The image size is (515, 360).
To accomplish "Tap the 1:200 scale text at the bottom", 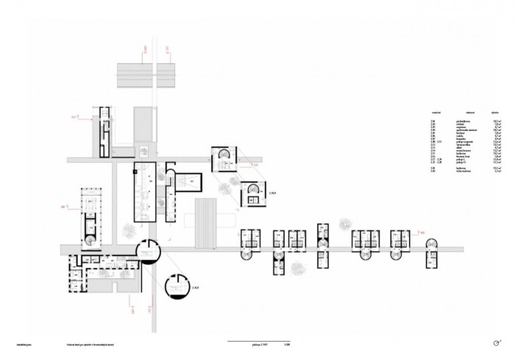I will pos(277,343).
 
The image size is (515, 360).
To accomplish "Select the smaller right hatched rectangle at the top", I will pos(166,74).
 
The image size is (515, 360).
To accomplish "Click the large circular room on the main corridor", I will pos(148,251).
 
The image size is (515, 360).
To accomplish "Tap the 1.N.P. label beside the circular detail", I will pos(196,287).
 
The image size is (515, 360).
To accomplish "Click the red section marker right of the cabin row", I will pos(424,233).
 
